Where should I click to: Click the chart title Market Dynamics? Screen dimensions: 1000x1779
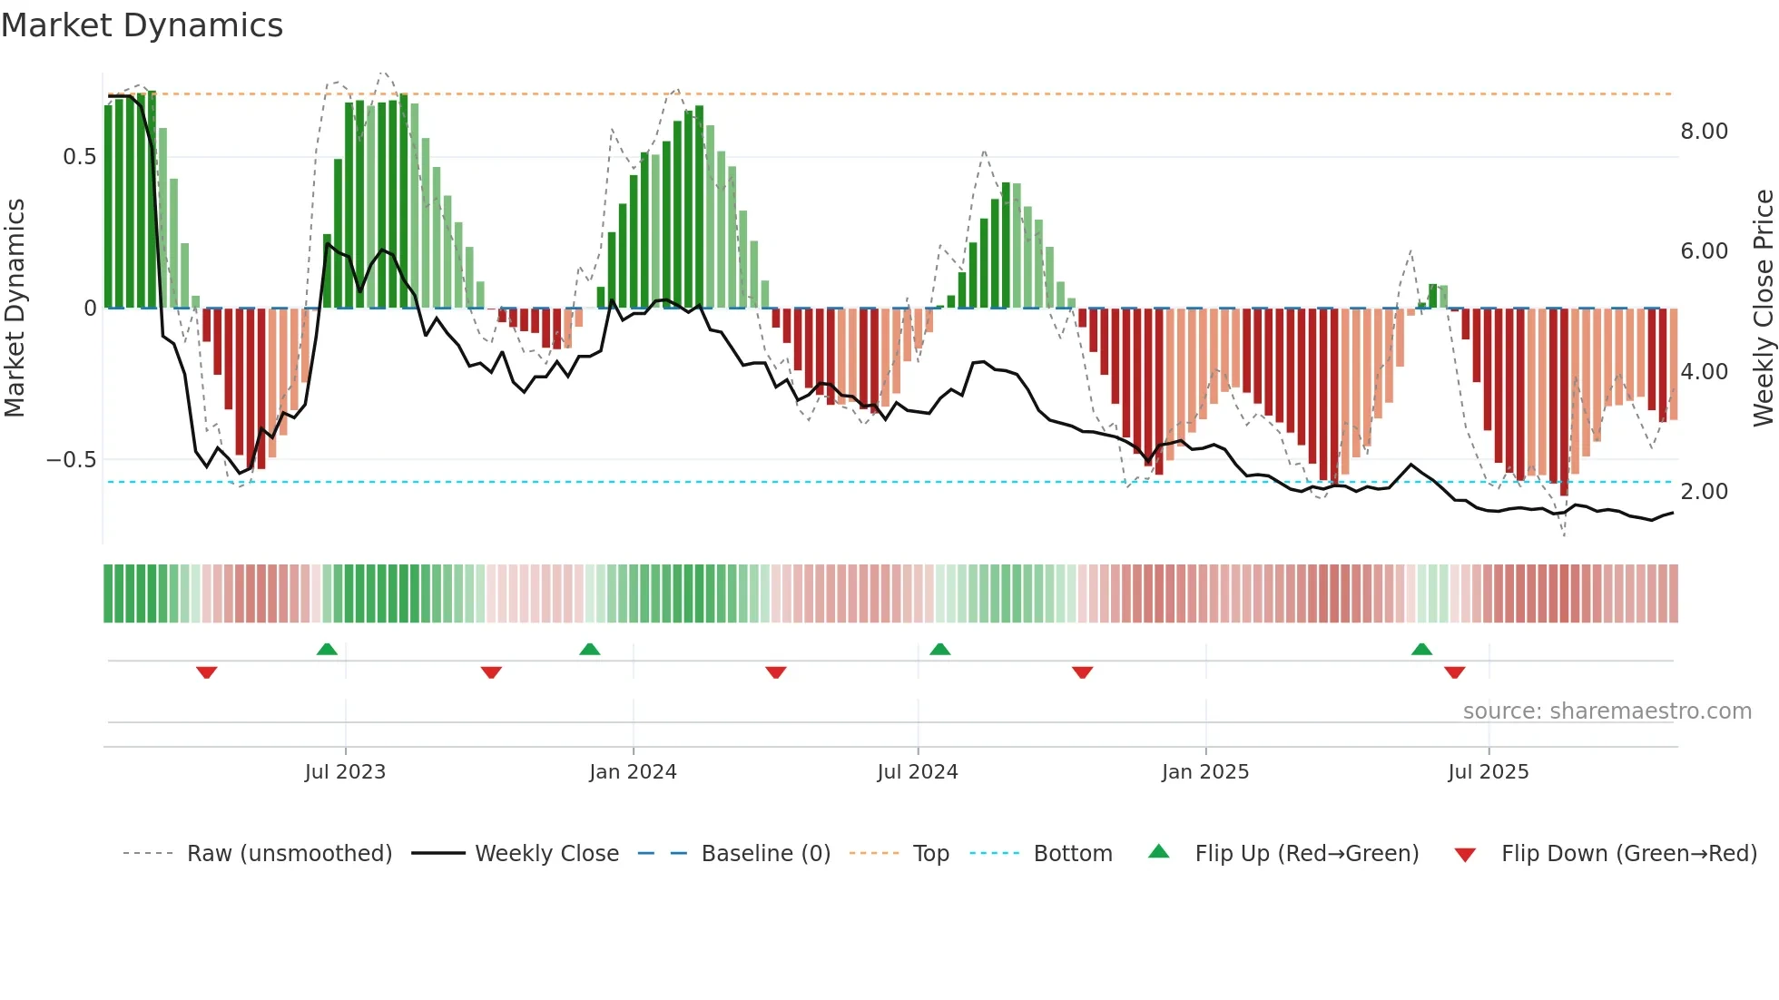(x=143, y=25)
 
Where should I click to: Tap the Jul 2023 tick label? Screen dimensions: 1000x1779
(x=345, y=772)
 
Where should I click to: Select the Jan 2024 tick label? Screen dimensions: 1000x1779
(x=633, y=772)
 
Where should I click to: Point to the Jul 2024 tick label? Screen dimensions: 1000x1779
(x=918, y=772)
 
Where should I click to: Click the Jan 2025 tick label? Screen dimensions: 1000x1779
(x=1205, y=772)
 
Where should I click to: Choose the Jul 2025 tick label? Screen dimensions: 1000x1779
(x=1489, y=772)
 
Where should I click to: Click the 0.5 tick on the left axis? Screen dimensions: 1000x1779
(x=79, y=157)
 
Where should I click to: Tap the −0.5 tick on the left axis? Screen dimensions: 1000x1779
(x=72, y=460)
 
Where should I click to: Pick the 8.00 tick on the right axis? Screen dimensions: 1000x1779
(x=1705, y=132)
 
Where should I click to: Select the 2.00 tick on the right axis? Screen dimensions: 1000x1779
(x=1705, y=492)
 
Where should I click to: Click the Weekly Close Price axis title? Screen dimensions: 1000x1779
(x=1764, y=309)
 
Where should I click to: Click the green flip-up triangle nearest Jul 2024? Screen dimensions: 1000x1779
(x=940, y=649)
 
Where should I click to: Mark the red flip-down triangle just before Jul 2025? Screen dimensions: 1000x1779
(x=1455, y=672)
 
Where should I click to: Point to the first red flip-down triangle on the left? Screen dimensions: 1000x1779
(x=207, y=672)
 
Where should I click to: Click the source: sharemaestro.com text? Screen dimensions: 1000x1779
(x=1607, y=711)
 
